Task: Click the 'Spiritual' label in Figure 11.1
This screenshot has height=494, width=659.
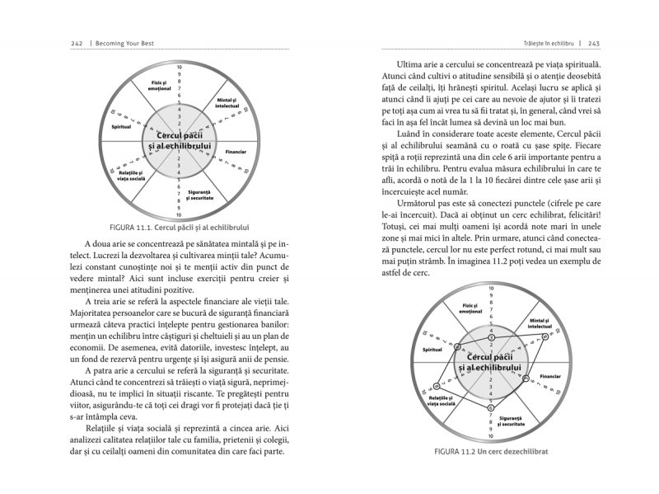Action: [x=110, y=128]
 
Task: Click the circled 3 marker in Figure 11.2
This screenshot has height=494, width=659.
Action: [x=491, y=337]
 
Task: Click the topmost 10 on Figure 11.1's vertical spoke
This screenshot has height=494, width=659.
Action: [x=180, y=65]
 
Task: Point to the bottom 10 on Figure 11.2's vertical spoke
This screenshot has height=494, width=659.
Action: [x=491, y=436]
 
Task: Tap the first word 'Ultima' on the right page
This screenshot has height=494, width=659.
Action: [x=414, y=64]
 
